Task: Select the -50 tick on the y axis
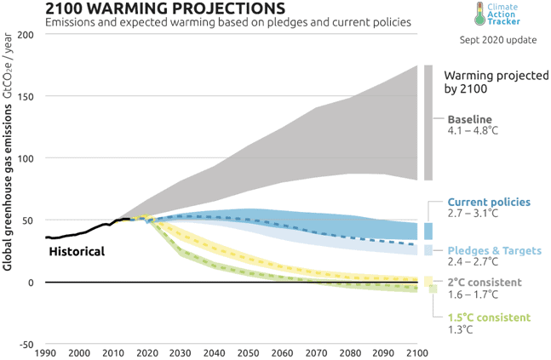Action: pyautogui.click(x=24, y=345)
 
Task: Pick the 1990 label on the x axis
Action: pyautogui.click(x=44, y=353)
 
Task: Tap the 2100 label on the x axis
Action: pyautogui.click(x=416, y=353)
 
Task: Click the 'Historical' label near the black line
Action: pyautogui.click(x=77, y=252)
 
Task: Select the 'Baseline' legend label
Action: pyautogui.click(x=470, y=119)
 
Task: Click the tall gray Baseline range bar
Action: pyautogui.click(x=428, y=123)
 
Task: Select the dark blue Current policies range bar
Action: pyautogui.click(x=428, y=231)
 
